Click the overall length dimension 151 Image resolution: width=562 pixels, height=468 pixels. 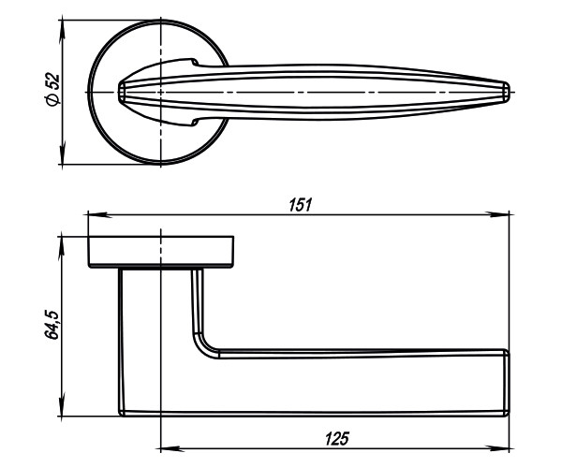(x=299, y=204)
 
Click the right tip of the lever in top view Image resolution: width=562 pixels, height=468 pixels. (x=509, y=92)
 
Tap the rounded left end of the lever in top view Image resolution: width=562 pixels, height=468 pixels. (x=120, y=92)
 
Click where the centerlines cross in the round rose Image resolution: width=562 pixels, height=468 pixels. (x=161, y=92)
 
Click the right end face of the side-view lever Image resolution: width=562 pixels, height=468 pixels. (x=507, y=382)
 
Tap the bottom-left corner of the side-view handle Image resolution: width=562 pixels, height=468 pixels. (x=122, y=411)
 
